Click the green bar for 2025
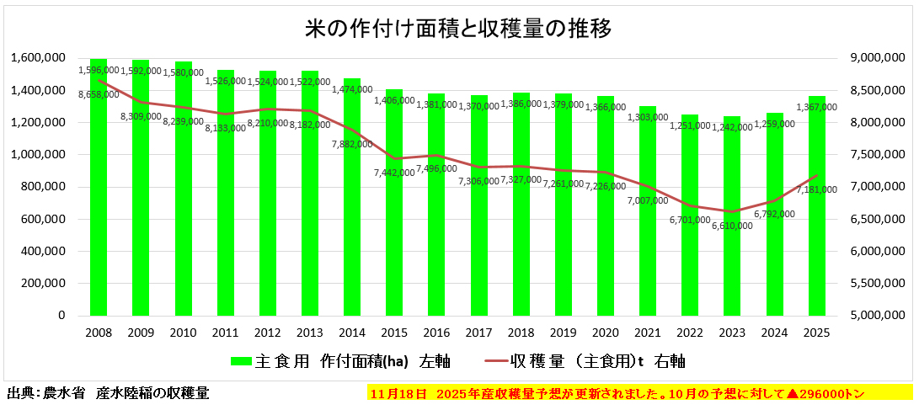pyautogui.click(x=816, y=210)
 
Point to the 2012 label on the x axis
pyautogui.click(x=268, y=333)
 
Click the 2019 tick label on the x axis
pyautogui.click(x=564, y=333)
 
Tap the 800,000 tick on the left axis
pyautogui.click(x=47, y=187)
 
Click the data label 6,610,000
pyautogui.click(x=732, y=225)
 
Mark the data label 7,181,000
pyautogui.click(x=817, y=189)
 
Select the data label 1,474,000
pyautogui.click(x=352, y=89)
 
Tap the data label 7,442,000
pyautogui.click(x=394, y=172)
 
